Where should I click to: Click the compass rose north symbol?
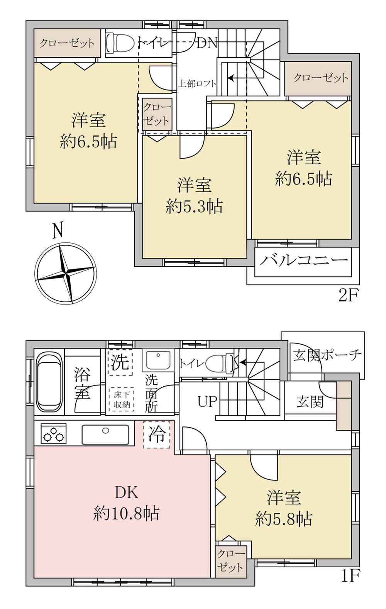click(x=66, y=273)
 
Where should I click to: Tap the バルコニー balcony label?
click(x=304, y=261)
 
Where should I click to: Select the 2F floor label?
click(x=349, y=295)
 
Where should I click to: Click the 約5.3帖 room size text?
click(x=194, y=206)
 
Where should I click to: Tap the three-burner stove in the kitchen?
click(x=54, y=434)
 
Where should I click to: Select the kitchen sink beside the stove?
click(x=105, y=435)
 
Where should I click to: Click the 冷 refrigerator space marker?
click(x=157, y=435)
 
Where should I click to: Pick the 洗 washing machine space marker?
click(x=120, y=362)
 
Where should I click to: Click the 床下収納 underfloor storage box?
click(x=122, y=400)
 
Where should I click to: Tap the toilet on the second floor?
click(x=120, y=44)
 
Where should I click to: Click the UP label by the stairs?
click(x=207, y=402)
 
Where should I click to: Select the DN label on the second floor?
click(x=207, y=43)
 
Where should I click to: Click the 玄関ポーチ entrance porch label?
click(x=327, y=355)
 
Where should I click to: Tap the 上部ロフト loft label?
click(x=197, y=83)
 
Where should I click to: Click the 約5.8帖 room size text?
click(x=284, y=519)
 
